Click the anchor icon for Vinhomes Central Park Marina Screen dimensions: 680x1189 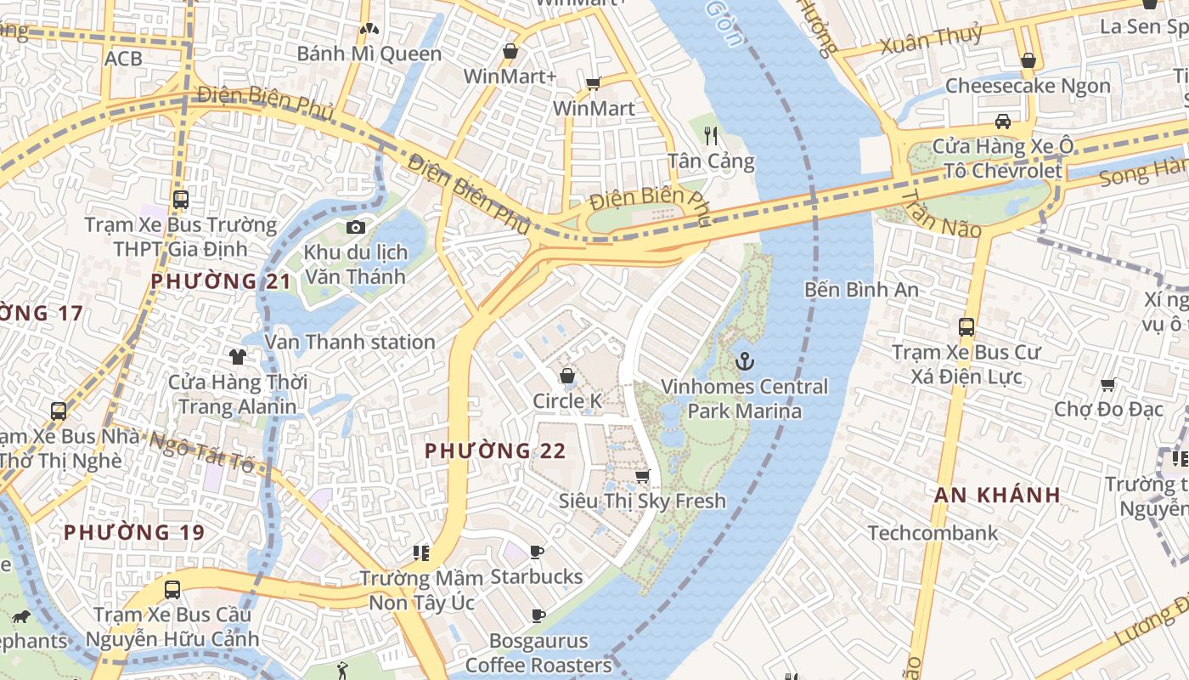coord(744,362)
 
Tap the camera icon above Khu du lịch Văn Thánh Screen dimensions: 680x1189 coord(356,227)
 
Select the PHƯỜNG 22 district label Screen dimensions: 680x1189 coord(495,450)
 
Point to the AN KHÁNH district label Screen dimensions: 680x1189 coord(997,495)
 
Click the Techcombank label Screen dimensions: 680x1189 coord(933,533)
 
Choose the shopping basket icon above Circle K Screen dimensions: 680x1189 coord(567,376)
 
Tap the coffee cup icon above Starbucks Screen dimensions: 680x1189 coord(537,552)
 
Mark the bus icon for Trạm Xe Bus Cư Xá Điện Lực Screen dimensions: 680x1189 coord(966,327)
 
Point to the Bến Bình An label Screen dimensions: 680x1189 coord(861,290)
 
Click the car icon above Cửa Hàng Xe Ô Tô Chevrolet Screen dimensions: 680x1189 coord(1003,121)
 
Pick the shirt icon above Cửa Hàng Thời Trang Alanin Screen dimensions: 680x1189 coord(237,356)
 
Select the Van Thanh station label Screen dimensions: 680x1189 coord(350,342)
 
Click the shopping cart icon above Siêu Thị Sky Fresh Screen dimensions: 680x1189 coord(643,476)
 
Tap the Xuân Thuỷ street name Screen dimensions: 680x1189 coord(932,39)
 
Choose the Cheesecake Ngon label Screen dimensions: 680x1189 coord(1028,86)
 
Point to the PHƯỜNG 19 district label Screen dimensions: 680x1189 coord(134,532)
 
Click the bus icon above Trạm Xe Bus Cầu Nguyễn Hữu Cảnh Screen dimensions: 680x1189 coord(172,589)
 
